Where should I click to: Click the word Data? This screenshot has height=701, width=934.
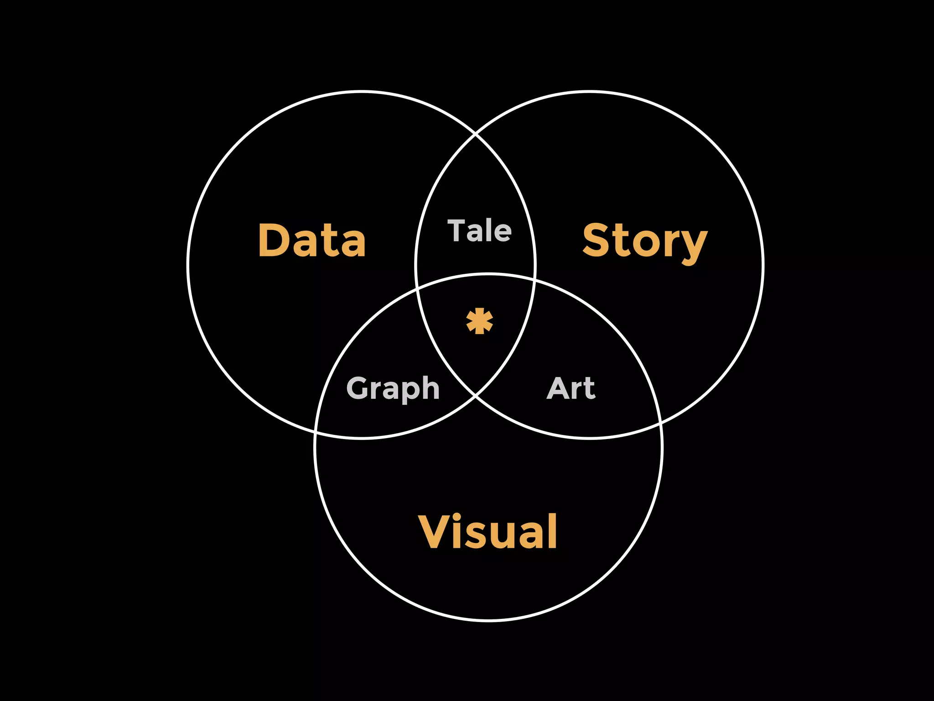click(312, 241)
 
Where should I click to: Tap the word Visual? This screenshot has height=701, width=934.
click(488, 532)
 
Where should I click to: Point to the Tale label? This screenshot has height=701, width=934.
click(479, 230)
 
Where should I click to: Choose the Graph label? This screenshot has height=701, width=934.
click(393, 388)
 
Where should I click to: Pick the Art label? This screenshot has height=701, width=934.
click(571, 388)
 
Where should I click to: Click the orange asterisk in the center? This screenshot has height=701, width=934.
click(479, 321)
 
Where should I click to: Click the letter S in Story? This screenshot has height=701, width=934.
click(597, 241)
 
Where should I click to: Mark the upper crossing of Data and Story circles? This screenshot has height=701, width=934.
click(476, 135)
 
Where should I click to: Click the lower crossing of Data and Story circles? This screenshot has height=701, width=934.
click(476, 395)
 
